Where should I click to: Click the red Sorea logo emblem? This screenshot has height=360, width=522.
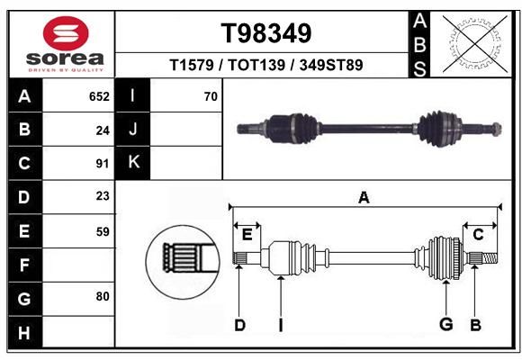(66, 33)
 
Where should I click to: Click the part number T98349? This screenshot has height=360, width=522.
(266, 33)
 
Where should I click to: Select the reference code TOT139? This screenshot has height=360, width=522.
(256, 65)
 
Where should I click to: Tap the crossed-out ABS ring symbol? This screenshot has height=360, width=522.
(475, 44)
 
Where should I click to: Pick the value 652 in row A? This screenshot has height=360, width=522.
(99, 96)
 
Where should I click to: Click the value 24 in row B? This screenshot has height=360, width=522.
(103, 130)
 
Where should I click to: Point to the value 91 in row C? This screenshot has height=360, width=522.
(103, 164)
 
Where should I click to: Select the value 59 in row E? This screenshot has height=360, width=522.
(103, 231)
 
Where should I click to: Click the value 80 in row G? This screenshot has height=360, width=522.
(103, 296)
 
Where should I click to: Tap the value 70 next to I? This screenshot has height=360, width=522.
(211, 96)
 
